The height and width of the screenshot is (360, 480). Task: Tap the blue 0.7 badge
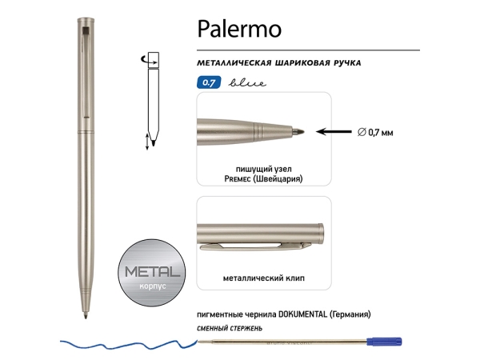click(208, 82)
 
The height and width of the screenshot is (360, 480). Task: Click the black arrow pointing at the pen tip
click(333, 130)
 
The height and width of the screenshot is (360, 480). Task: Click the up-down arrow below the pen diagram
click(146, 142)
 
